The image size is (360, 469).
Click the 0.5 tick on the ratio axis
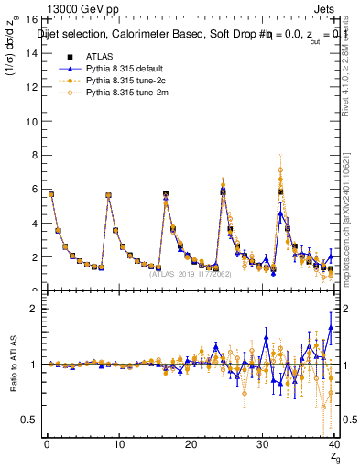pos(27,420)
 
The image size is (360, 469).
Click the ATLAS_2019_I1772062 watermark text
pos(190,274)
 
